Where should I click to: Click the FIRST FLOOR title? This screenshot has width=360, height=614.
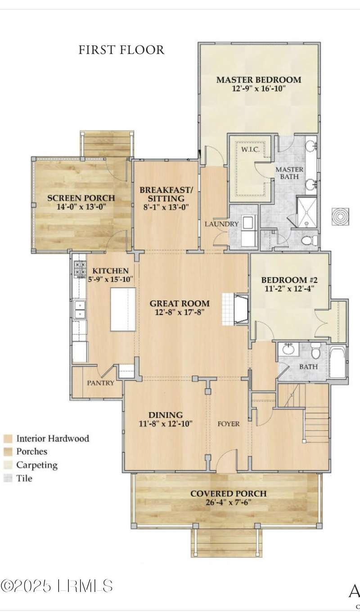click(121, 50)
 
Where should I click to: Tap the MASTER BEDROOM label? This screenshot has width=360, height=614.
click(259, 80)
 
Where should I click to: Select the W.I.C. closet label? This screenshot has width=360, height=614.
click(250, 150)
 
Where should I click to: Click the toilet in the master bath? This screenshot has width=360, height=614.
click(309, 241)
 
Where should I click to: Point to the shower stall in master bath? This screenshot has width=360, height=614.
click(306, 211)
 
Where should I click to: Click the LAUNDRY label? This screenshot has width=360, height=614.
click(221, 224)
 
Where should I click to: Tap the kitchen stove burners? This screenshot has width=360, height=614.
click(80, 269)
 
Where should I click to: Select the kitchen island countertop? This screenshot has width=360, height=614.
click(123, 309)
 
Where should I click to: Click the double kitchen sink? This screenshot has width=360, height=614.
click(79, 309)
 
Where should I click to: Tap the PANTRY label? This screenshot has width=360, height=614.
click(100, 383)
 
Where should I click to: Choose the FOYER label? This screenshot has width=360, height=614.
click(229, 424)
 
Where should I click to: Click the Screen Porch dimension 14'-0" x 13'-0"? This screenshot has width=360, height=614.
click(81, 206)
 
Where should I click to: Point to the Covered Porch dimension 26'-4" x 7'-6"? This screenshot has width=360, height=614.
click(229, 502)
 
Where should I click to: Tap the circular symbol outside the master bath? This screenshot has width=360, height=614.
click(340, 216)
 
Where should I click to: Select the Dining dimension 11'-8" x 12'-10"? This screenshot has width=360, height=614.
click(166, 423)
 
